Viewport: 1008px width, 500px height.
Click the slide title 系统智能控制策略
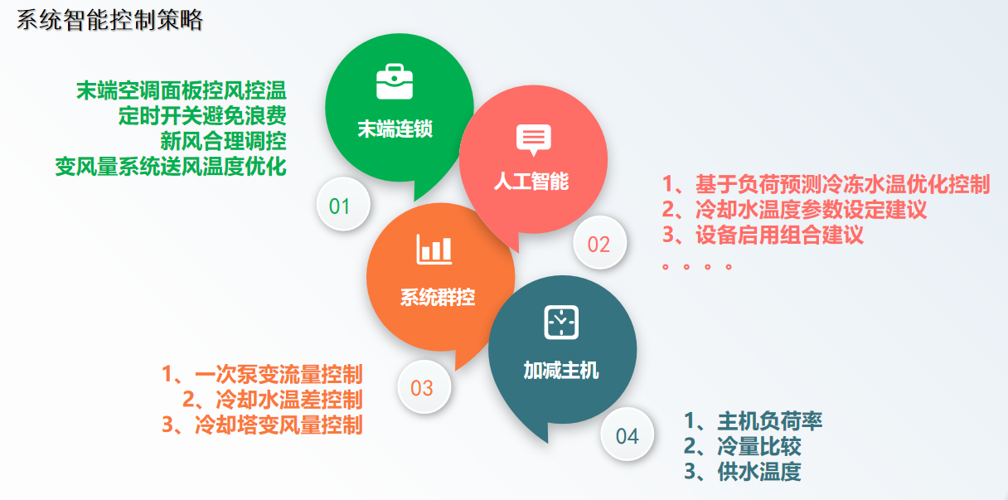coord(109,20)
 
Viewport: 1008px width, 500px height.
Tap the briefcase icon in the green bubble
coord(395,83)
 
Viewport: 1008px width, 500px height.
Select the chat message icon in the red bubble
coord(533,140)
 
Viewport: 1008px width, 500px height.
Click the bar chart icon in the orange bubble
coord(434,248)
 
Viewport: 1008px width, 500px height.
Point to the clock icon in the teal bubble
coord(561,322)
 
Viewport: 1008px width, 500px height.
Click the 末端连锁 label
coord(395,129)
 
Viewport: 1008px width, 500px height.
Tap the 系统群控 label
coord(438,298)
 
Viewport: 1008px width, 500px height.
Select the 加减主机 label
coord(561,371)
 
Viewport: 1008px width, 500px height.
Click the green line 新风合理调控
coord(224,139)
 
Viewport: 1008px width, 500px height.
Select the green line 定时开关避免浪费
coord(202,114)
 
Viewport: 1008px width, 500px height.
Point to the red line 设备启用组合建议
coord(763,235)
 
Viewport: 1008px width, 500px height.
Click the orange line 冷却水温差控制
coord(272,400)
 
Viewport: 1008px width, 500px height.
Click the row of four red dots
coord(697,267)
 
